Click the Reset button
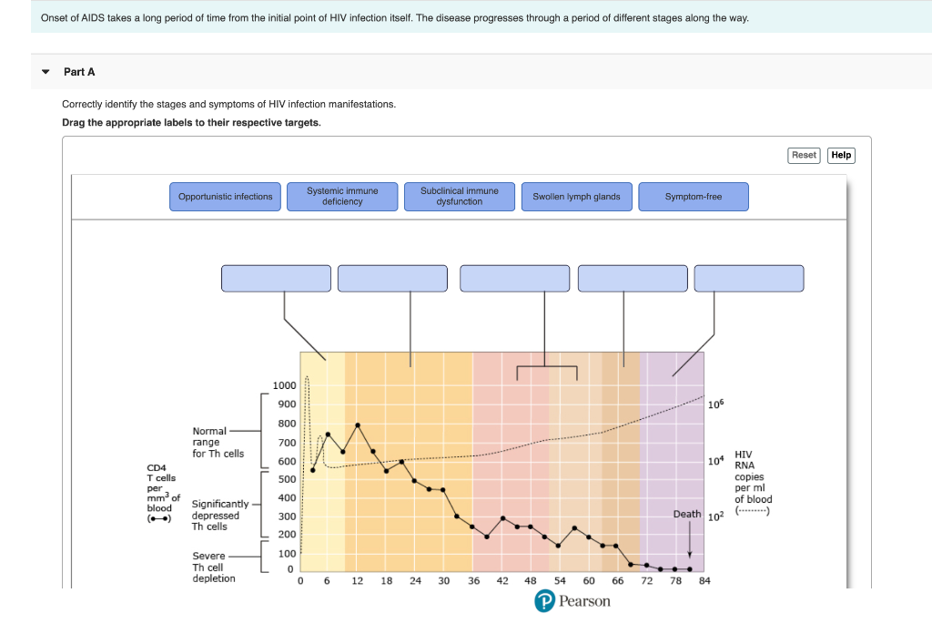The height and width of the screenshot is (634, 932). click(x=804, y=155)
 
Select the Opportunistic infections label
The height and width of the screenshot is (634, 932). click(x=225, y=197)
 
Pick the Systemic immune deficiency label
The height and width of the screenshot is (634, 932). click(x=342, y=197)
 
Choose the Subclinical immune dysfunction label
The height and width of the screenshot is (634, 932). click(x=460, y=197)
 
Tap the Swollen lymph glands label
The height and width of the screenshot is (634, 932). click(x=576, y=197)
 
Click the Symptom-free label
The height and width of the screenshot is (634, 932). click(x=694, y=197)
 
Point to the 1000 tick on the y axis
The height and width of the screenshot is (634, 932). click(x=284, y=385)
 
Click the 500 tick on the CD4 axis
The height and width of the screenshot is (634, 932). click(x=286, y=479)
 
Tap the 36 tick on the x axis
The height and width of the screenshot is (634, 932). click(x=473, y=580)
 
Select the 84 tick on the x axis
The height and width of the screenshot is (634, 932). click(x=704, y=580)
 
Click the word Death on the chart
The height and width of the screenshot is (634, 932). click(x=686, y=514)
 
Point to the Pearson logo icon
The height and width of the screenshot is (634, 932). click(x=544, y=601)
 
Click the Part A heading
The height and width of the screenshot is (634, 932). click(x=79, y=72)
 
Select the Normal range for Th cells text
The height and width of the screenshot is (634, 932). click(x=218, y=442)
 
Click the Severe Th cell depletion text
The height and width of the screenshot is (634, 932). click(x=213, y=567)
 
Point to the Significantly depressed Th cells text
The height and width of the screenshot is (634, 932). click(x=219, y=515)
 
